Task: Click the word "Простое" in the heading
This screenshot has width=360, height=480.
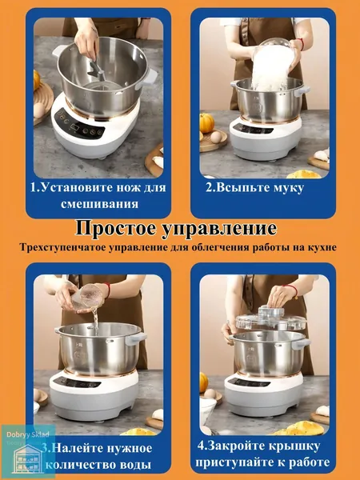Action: click(116, 228)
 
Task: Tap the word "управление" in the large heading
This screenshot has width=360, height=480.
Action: click(219, 229)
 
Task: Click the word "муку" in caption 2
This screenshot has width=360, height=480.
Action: click(288, 188)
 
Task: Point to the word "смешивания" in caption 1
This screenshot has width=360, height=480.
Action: click(99, 204)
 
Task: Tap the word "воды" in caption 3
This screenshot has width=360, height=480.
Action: click(137, 465)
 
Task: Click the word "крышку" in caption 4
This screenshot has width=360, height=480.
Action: click(294, 446)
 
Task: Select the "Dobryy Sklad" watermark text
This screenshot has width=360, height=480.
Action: click(28, 434)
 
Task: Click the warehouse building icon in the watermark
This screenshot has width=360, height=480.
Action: click(28, 458)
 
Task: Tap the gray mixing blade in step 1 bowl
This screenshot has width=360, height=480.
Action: click(96, 69)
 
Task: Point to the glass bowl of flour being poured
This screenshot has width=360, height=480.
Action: click(273, 64)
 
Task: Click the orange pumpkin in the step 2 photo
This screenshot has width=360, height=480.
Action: click(206, 122)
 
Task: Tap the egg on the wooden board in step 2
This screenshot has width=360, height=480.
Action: click(216, 137)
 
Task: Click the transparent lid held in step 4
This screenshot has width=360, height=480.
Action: click(271, 319)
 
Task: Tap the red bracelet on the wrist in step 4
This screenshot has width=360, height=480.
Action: click(292, 290)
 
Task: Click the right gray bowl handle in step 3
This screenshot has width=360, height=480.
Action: click(135, 338)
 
